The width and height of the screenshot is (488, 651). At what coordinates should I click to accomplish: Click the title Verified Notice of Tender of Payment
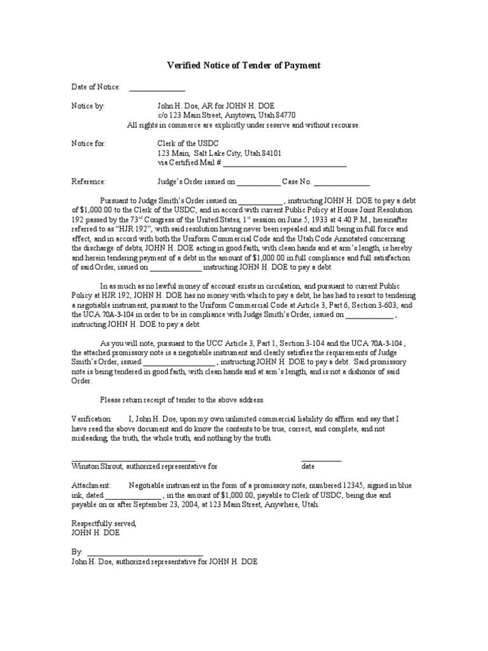tap(244, 65)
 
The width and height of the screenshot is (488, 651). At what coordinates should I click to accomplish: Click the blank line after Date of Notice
tap(157, 89)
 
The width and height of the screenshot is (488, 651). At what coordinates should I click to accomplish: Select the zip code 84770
tap(286, 115)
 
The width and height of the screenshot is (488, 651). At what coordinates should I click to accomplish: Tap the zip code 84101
tap(271, 153)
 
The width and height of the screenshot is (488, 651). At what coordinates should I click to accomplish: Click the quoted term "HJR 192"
tap(130, 228)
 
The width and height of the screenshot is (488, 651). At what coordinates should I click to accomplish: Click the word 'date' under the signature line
tap(308, 466)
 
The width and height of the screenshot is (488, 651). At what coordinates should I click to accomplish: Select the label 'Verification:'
tap(91, 420)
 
